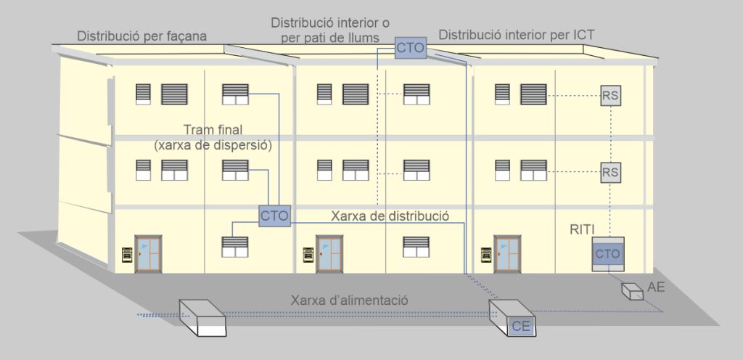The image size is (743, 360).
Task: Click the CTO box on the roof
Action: click(410, 48)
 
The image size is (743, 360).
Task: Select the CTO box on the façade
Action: click(275, 216)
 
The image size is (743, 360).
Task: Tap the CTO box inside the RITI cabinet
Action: click(607, 254)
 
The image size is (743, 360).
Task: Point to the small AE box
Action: click(633, 290)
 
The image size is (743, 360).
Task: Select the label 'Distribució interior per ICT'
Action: click(517, 34)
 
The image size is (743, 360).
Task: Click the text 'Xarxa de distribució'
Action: click(390, 216)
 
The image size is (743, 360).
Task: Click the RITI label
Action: click(582, 230)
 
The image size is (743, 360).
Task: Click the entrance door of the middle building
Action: click(331, 253)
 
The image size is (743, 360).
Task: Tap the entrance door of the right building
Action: click(508, 253)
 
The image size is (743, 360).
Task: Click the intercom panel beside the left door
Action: click(126, 255)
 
